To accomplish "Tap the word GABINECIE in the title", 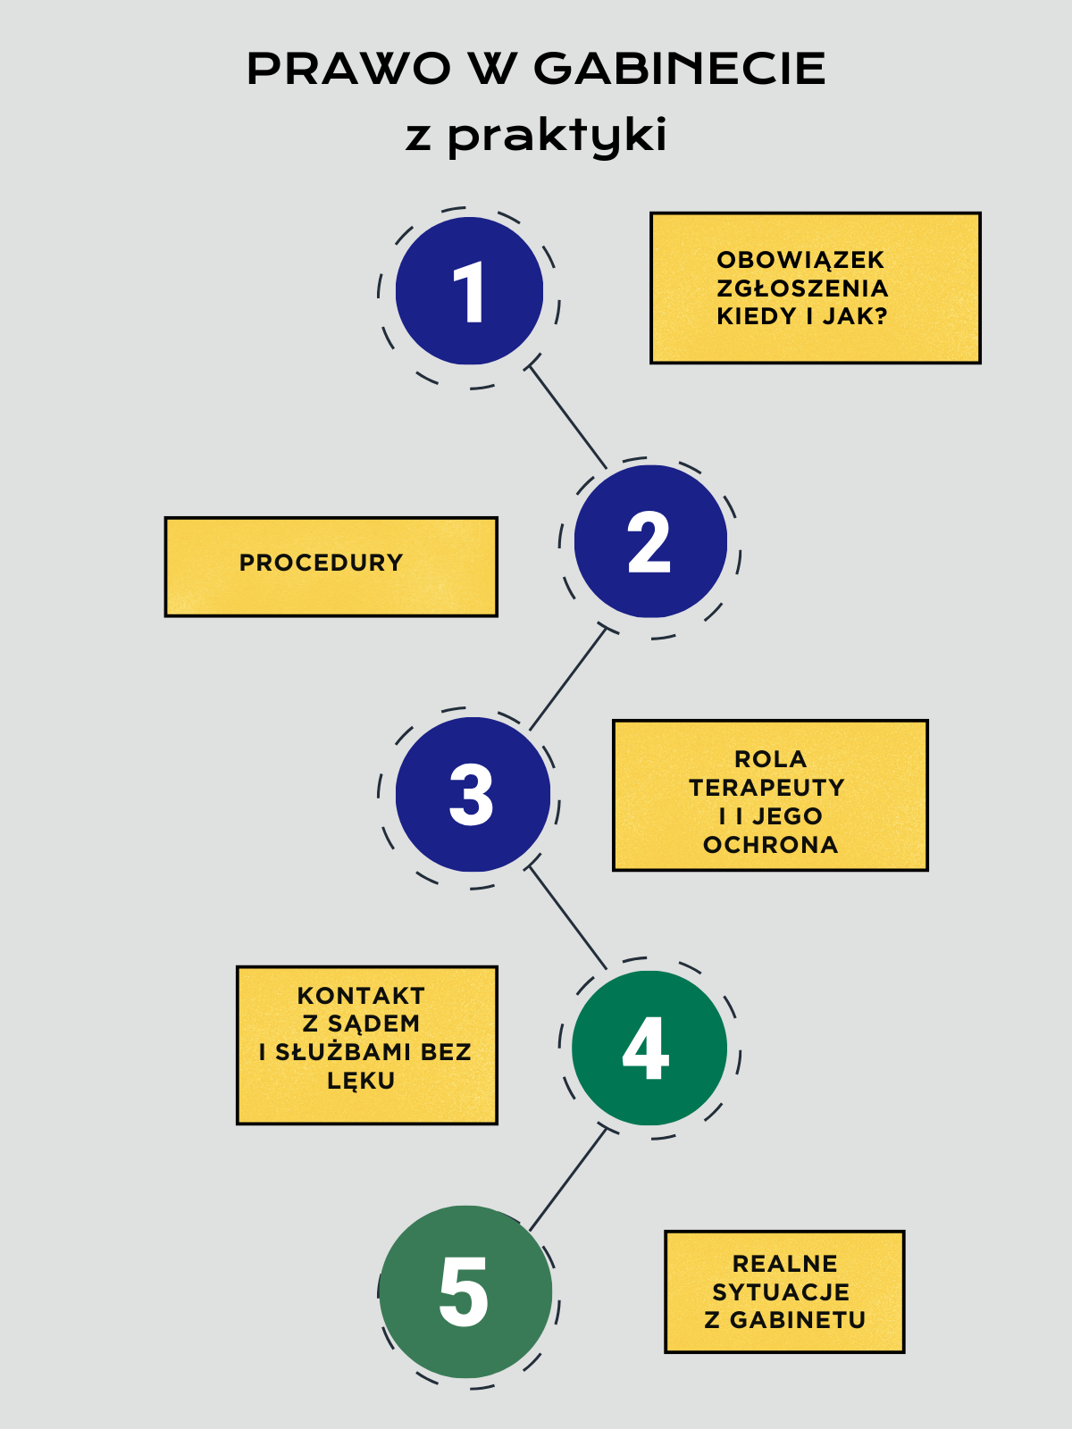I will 679,69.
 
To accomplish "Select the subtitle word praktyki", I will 557,136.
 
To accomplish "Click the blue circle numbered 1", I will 469,291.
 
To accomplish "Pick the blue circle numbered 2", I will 649,541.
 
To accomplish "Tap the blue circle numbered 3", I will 472,794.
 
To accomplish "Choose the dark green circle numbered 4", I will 649,1048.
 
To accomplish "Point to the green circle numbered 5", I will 465,1291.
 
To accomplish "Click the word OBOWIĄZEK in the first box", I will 800,260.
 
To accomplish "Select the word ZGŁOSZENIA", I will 802,288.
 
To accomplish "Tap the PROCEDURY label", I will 322,563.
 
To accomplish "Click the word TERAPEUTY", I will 766,788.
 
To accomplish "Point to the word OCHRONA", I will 770,845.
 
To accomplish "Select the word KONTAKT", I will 361,996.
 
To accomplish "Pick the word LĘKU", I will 361,1081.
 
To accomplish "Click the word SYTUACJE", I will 781,1292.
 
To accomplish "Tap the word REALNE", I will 785,1264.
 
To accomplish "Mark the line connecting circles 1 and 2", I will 568,416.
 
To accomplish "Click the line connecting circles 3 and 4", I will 568,917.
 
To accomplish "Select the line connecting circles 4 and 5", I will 568,1180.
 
